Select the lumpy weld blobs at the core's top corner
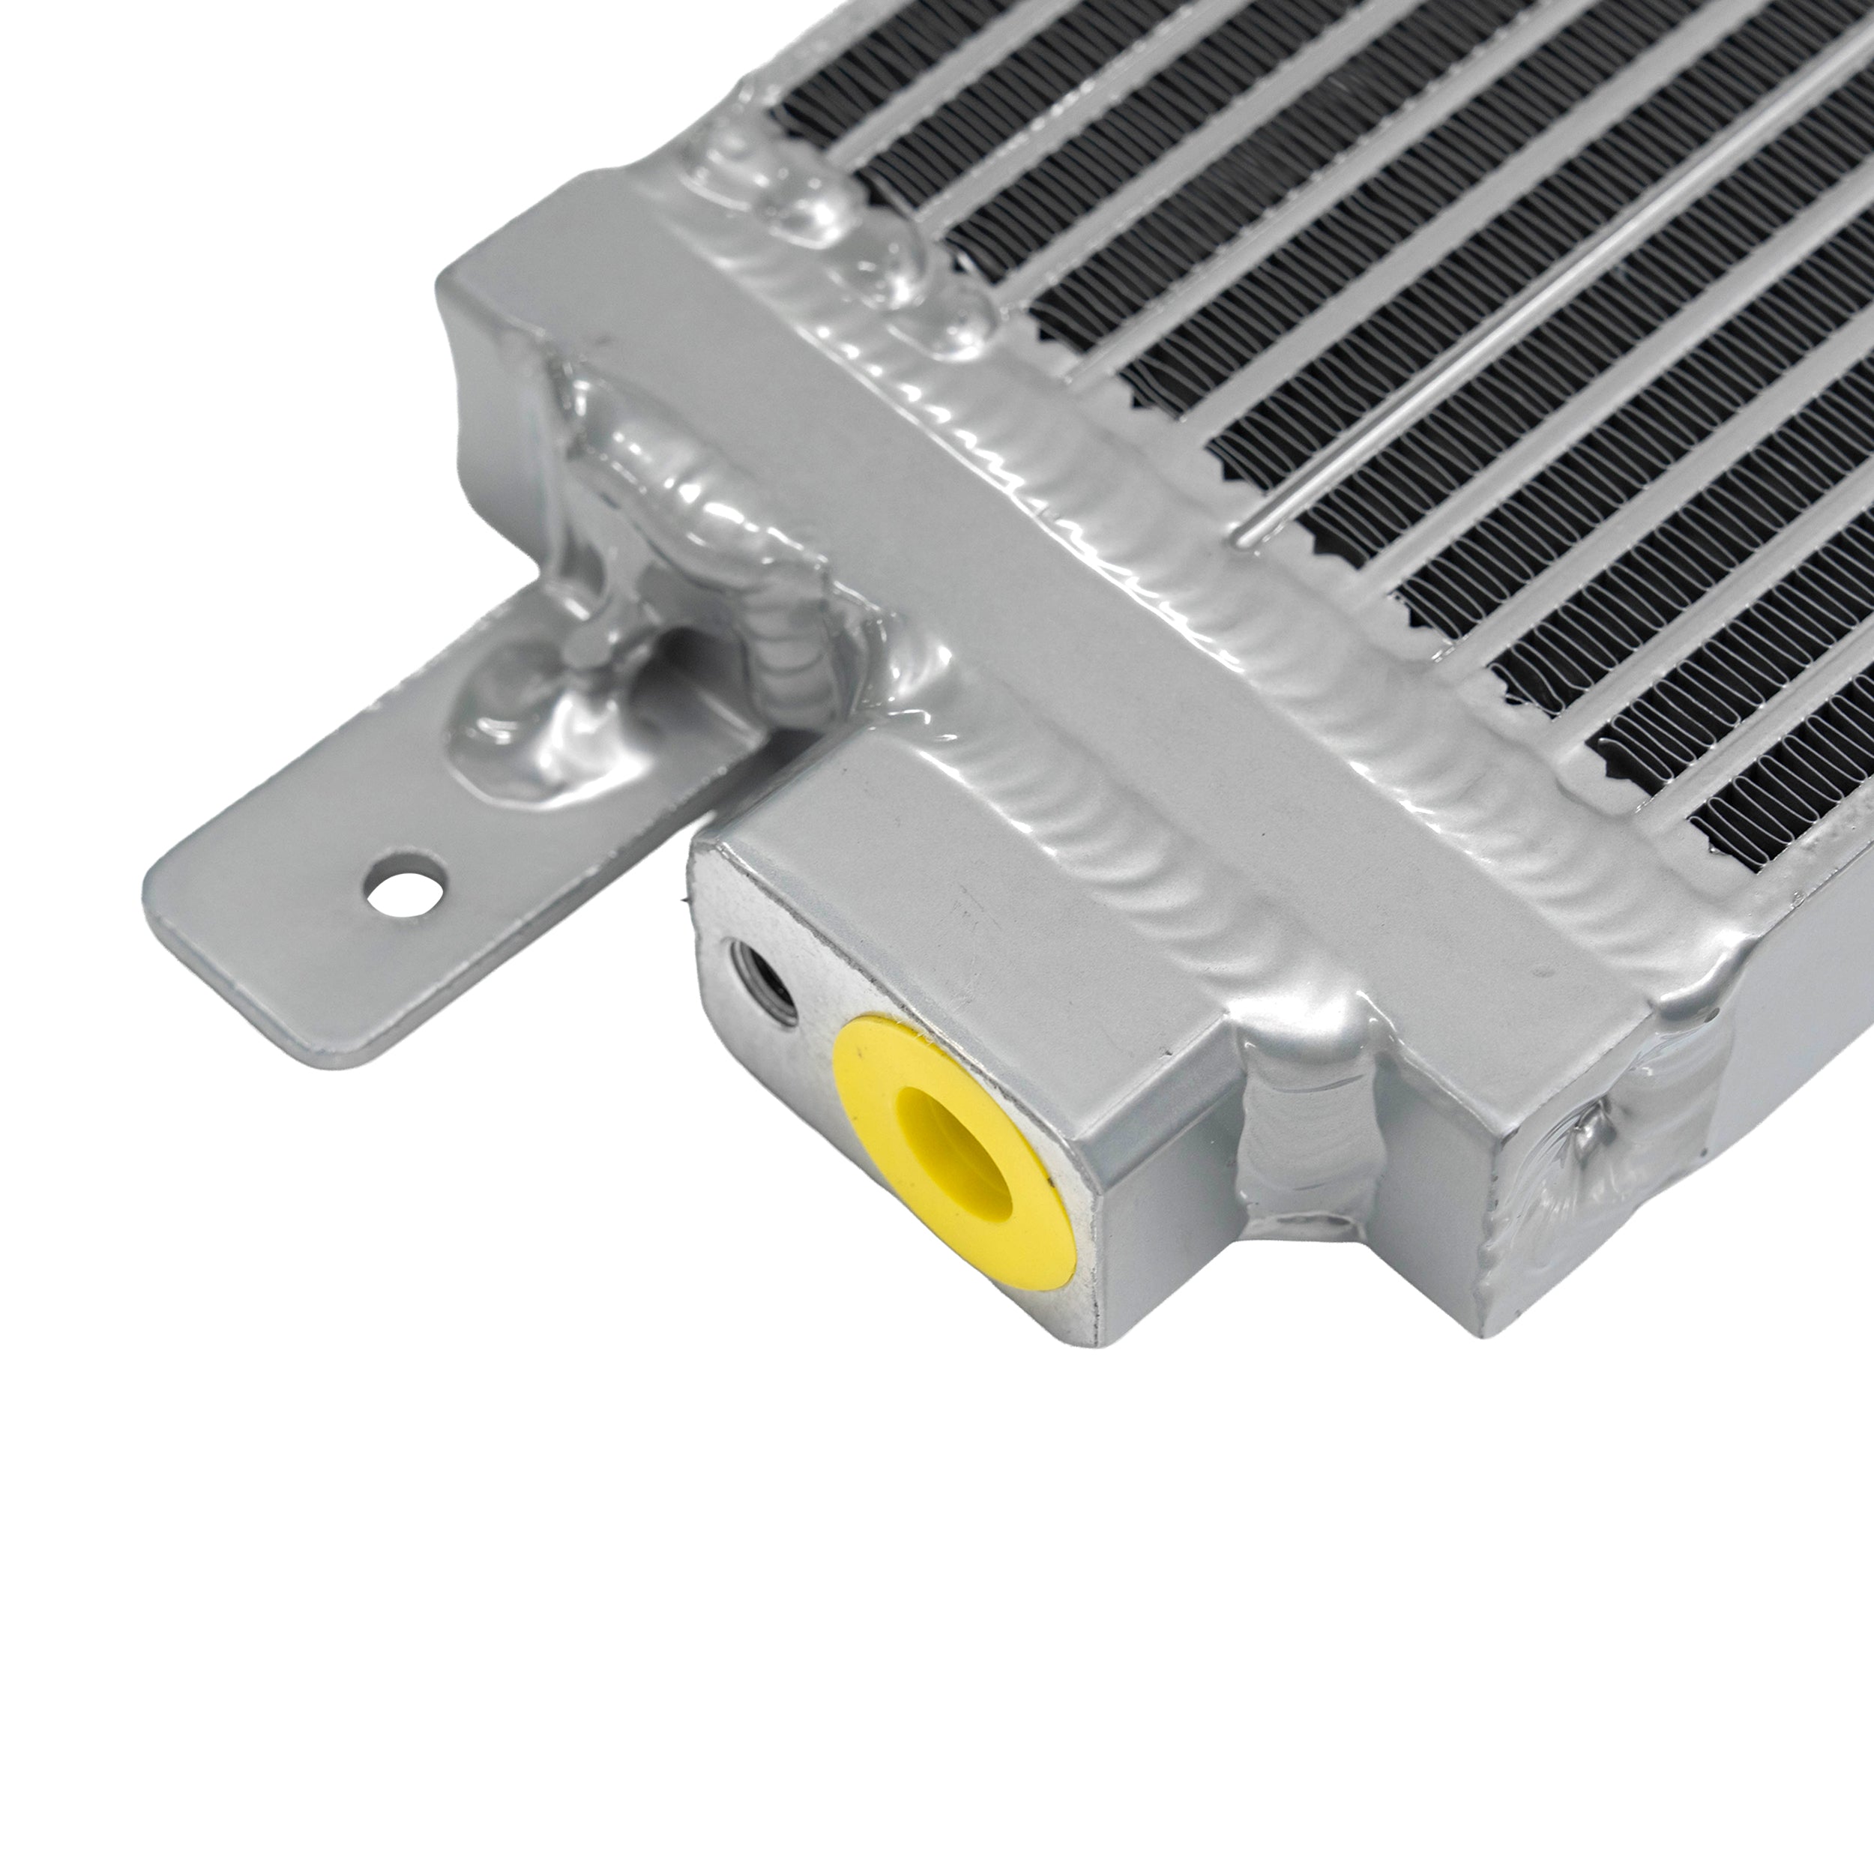pyautogui.click(x=825, y=223)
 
